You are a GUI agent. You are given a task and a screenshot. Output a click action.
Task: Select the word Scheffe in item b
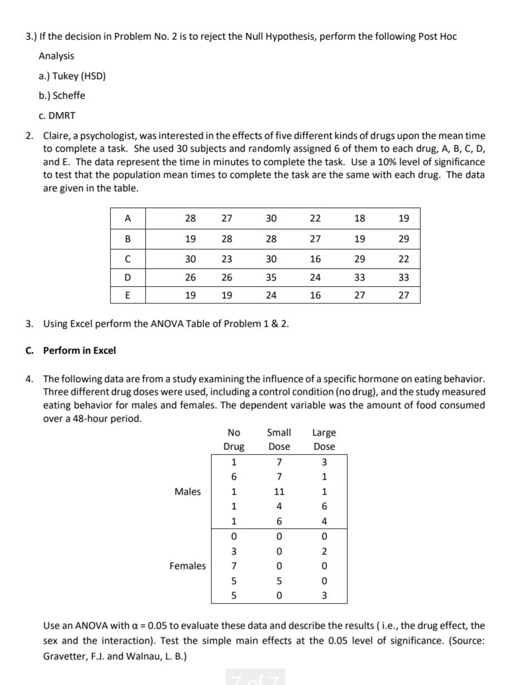click(x=69, y=95)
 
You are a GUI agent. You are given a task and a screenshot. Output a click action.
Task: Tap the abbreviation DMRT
click(x=64, y=115)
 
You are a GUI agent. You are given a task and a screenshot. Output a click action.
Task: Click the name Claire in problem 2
click(x=56, y=136)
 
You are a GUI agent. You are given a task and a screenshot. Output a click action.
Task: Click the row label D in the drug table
click(x=128, y=277)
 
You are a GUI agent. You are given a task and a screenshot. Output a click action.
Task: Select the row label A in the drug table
click(x=128, y=219)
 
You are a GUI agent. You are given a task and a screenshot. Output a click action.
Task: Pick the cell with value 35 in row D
click(x=271, y=277)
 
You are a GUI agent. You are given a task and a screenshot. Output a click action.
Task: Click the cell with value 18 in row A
click(x=360, y=219)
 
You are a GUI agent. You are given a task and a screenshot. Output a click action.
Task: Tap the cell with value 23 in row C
click(x=227, y=259)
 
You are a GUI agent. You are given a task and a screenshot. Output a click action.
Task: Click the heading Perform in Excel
click(x=80, y=350)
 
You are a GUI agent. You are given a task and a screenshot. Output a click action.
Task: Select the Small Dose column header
click(x=279, y=439)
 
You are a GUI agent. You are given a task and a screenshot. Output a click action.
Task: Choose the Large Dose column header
click(x=324, y=439)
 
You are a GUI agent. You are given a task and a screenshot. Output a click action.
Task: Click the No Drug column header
click(x=233, y=439)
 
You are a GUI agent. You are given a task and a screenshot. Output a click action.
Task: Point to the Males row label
click(x=188, y=491)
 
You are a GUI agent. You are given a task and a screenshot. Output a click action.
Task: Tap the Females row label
click(x=188, y=566)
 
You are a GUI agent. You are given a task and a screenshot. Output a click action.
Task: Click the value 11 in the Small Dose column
click(x=279, y=492)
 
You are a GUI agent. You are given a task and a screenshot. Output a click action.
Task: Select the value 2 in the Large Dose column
click(x=324, y=552)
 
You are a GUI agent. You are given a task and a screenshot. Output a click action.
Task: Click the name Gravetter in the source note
click(x=65, y=656)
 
